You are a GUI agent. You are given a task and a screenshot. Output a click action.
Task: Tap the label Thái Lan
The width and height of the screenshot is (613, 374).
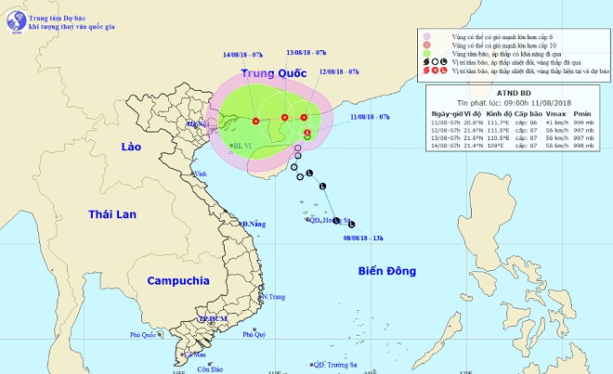pyautogui.click(x=112, y=214)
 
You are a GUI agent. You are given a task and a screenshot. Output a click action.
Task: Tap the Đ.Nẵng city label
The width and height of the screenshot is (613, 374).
pyautogui.click(x=254, y=225)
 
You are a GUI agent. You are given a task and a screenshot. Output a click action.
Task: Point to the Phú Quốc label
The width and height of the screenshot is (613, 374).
pyautogui.click(x=145, y=335)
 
